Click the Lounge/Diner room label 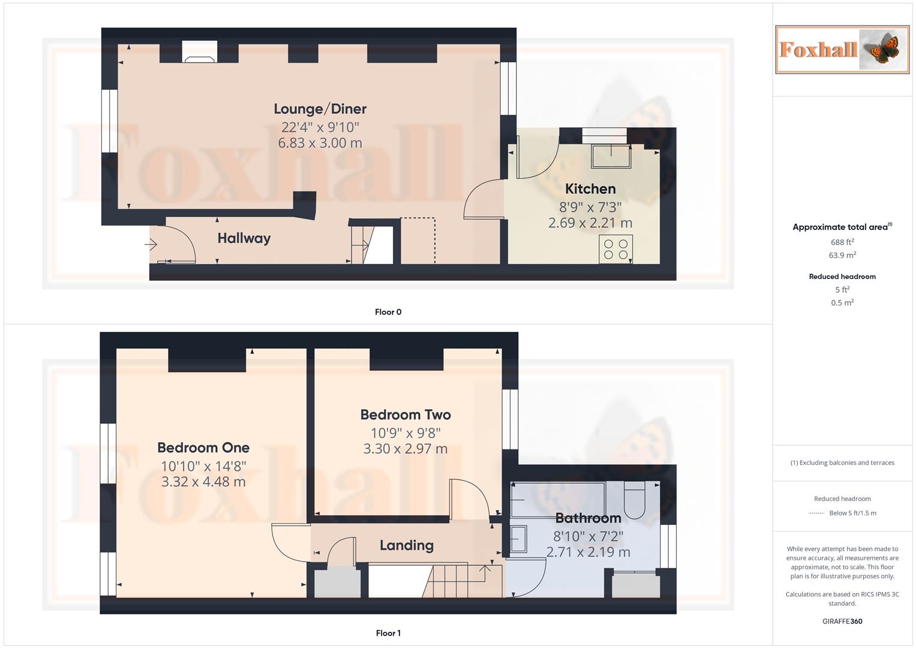point(320,109)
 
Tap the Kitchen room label point(590,189)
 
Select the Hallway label point(244,238)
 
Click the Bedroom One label point(203,448)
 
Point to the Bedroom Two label point(405,415)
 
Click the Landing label point(406,545)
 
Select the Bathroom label point(588,518)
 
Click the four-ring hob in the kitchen point(615,249)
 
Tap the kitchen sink point(611,156)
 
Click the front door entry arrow point(150,245)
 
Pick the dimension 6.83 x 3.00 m point(320,143)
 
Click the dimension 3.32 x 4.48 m point(203,482)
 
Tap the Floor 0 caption point(388,312)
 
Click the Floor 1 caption point(388,633)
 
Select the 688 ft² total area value point(842,242)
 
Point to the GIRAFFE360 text point(842,622)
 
